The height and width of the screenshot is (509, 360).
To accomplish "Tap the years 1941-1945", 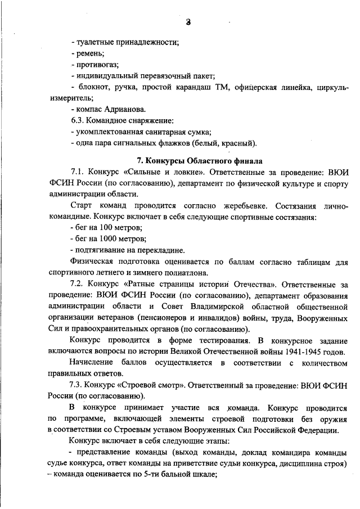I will (297, 352).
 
